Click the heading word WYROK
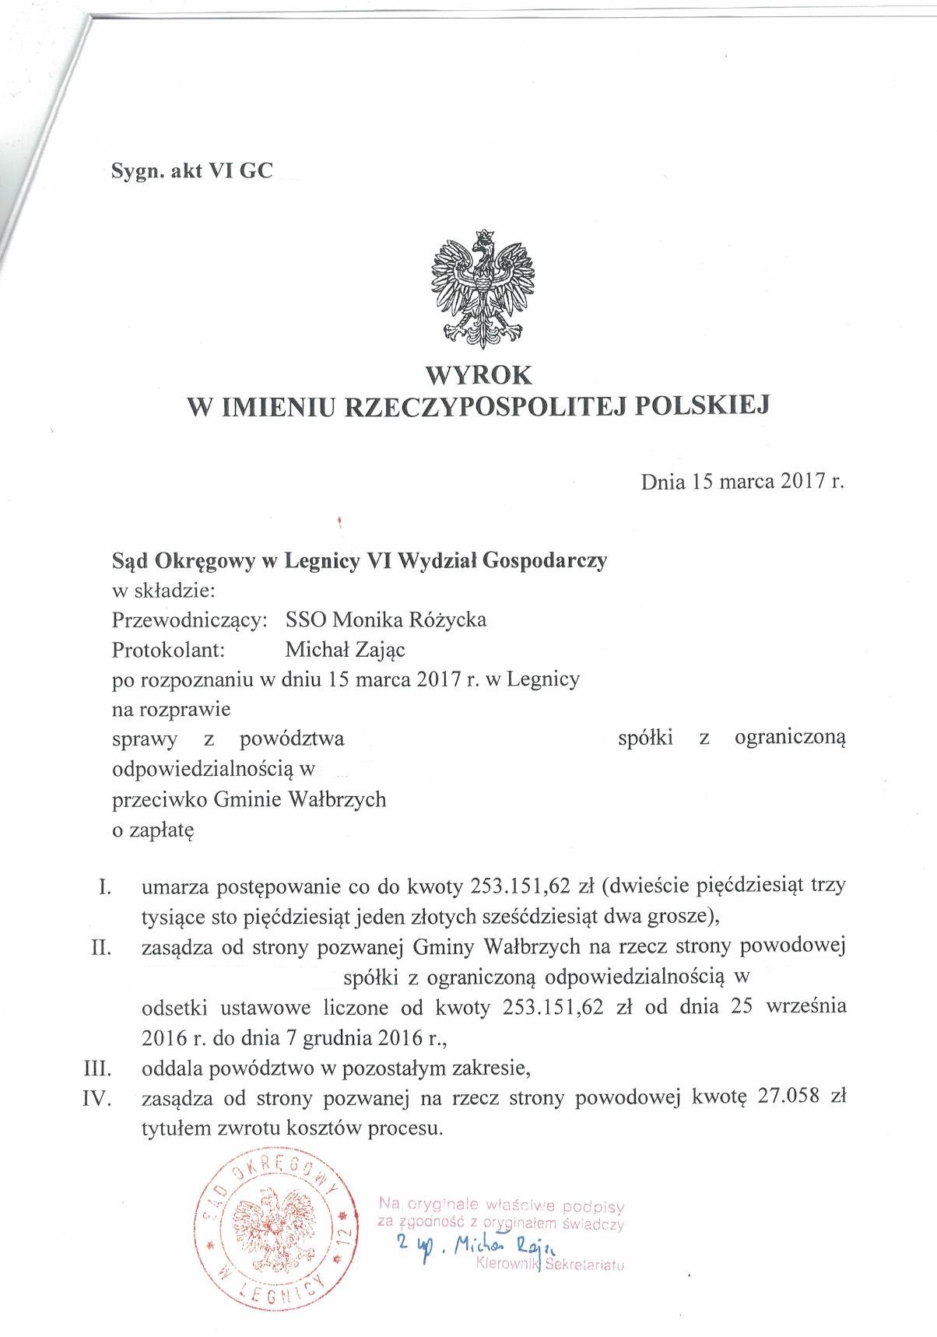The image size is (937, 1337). [479, 375]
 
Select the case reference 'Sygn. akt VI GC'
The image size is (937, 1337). [192, 171]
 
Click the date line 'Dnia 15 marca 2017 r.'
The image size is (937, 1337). [742, 482]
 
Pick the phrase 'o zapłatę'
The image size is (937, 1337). [153, 830]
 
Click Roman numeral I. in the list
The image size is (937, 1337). [106, 886]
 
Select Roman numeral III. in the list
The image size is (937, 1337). [98, 1069]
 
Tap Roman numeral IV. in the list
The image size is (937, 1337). [98, 1098]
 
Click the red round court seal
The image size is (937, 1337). [277, 1233]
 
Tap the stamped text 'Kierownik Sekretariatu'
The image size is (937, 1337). [549, 1265]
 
